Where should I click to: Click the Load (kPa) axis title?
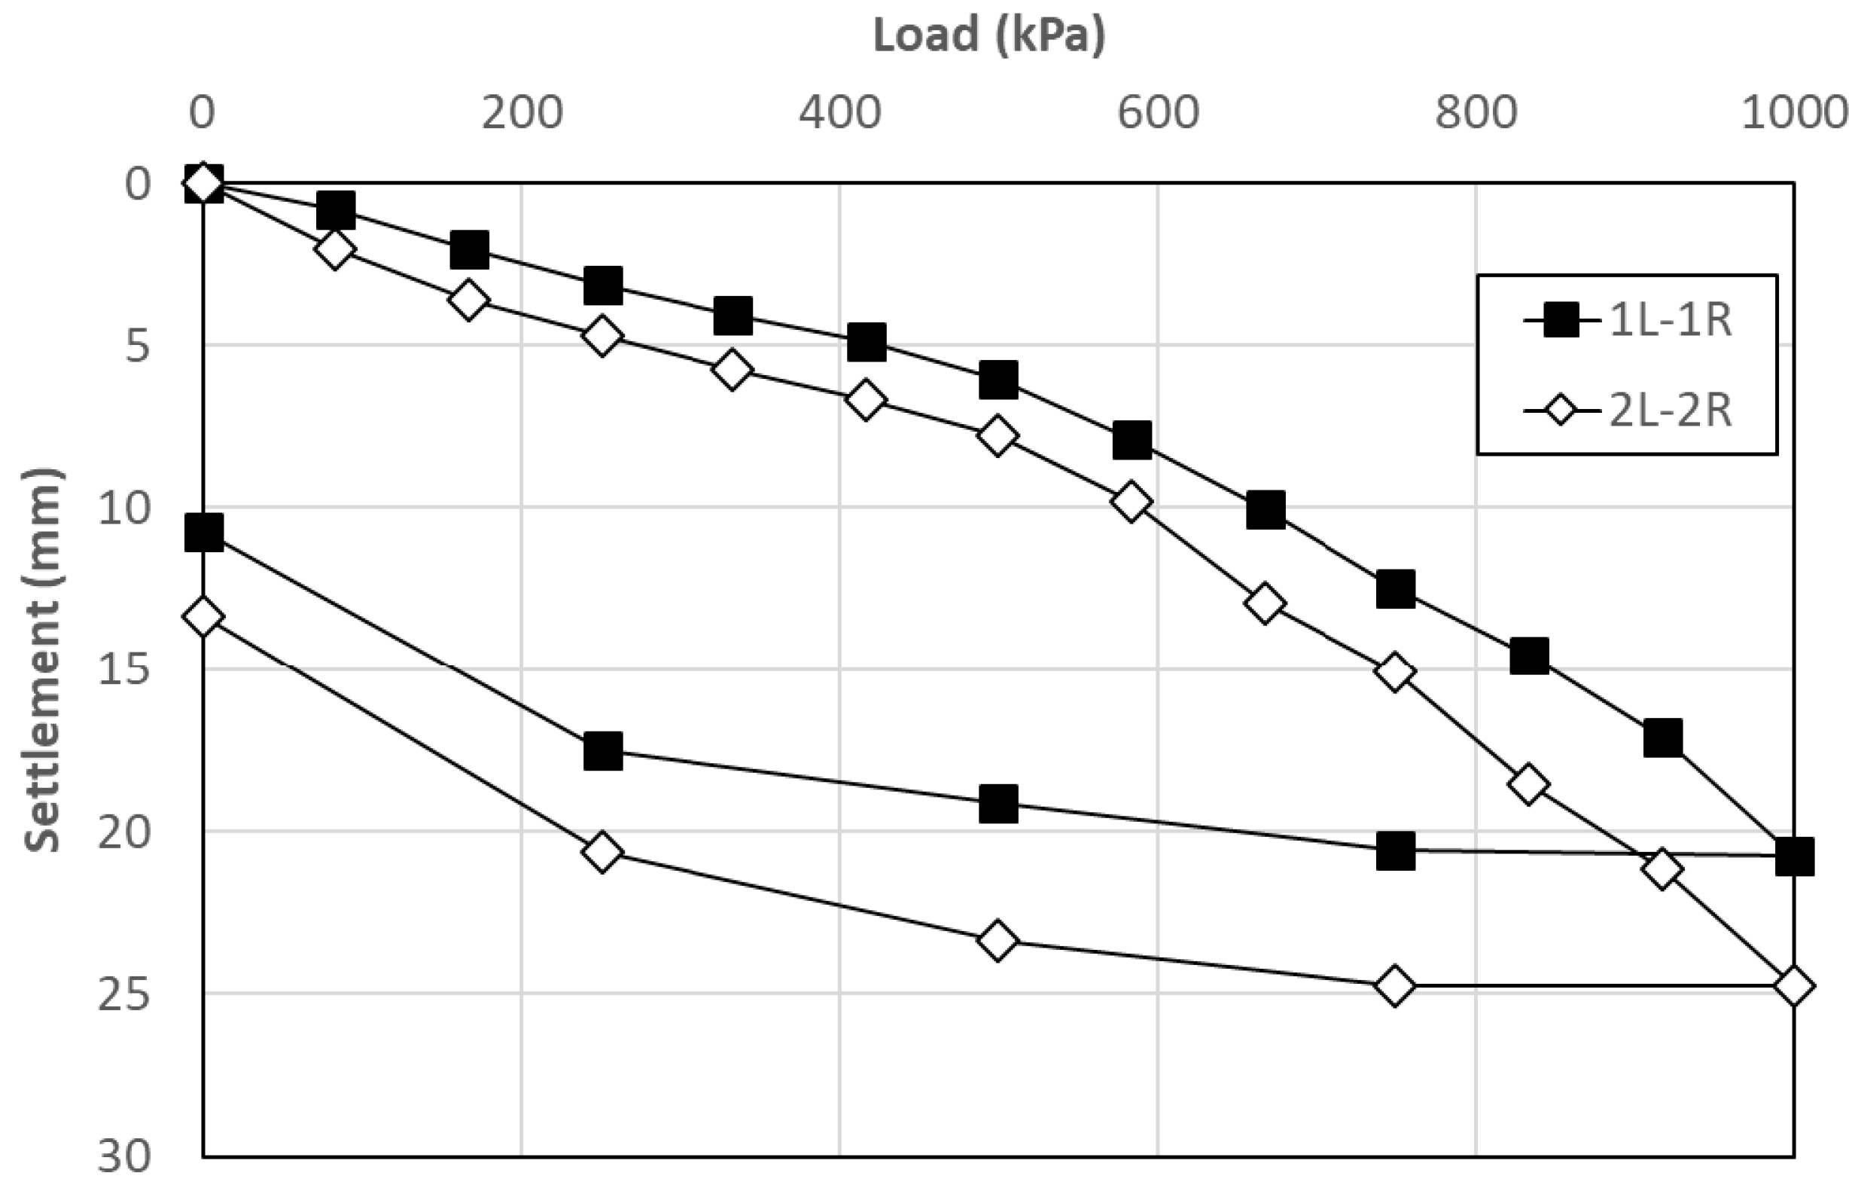(988, 35)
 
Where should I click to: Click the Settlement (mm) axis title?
(43, 661)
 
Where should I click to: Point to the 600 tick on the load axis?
(1158, 114)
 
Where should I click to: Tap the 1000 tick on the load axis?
(1793, 114)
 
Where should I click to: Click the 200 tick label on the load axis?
(522, 114)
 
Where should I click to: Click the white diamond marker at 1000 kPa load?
(1793, 986)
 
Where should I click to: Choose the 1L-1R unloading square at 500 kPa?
(998, 804)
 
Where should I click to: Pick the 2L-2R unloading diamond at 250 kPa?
(602, 853)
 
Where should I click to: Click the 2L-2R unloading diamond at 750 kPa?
(1395, 986)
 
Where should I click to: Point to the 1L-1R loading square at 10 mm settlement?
(1266, 509)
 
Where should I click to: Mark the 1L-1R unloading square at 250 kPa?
(603, 751)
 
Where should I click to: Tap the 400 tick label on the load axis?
(839, 114)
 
